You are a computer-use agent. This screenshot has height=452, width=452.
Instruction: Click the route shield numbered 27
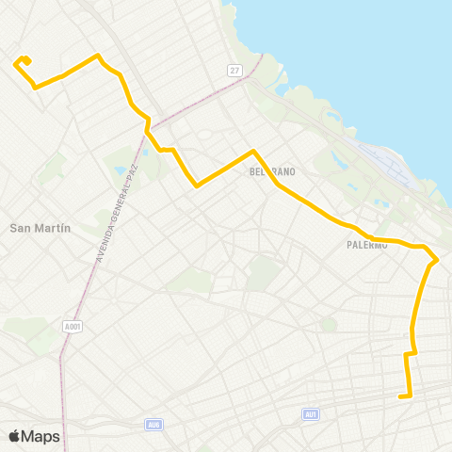click(234, 71)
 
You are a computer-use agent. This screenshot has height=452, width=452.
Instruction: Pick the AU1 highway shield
click(311, 414)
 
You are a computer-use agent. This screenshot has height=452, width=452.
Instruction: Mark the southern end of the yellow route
click(402, 396)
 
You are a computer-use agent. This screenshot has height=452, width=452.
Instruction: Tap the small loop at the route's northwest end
click(23, 61)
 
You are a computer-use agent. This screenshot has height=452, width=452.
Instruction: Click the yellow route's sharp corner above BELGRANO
click(252, 151)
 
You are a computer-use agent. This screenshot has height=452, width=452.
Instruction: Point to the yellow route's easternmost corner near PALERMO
click(437, 259)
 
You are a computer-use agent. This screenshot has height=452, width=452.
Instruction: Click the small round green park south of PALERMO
click(328, 324)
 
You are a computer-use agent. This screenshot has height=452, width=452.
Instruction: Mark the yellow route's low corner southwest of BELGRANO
click(196, 186)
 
